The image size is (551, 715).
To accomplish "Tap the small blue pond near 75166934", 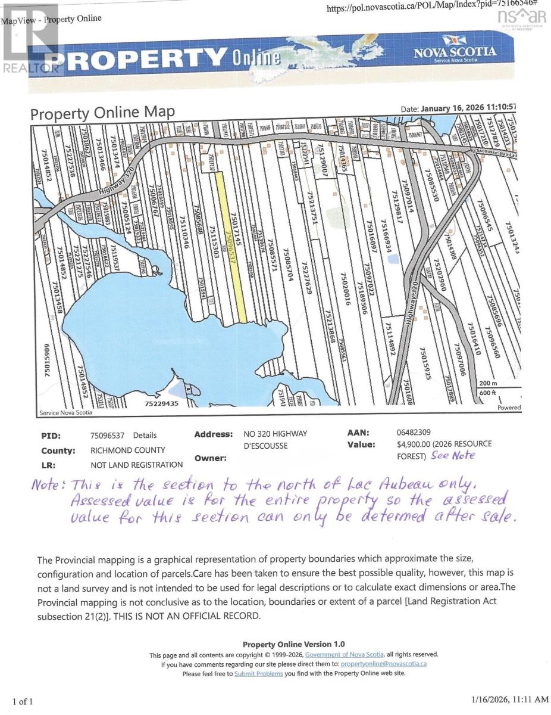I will tap(398, 260).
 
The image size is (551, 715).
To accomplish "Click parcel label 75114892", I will tap(390, 338).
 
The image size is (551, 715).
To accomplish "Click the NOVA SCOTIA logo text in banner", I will tap(455, 52).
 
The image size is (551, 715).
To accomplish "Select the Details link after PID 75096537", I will tap(145, 436).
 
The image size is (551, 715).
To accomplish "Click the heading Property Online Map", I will tap(102, 113).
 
